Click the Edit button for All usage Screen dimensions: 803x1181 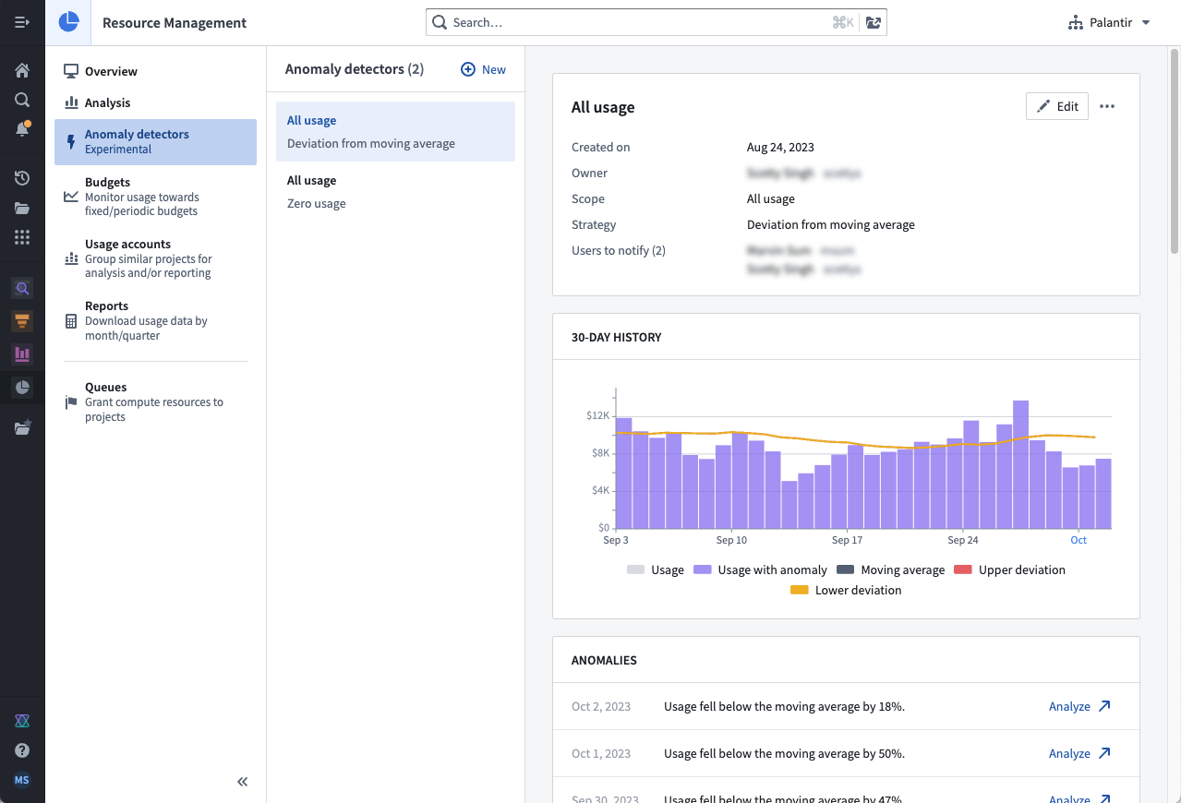click(x=1057, y=106)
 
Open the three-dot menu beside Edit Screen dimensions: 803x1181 click(x=1107, y=106)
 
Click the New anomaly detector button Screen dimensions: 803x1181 click(x=484, y=69)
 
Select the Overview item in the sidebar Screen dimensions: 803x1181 click(x=111, y=71)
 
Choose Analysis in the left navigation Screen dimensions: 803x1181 click(x=107, y=102)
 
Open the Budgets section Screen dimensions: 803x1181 click(x=107, y=183)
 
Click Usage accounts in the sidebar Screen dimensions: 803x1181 click(x=127, y=245)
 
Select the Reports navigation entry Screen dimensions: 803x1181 click(x=106, y=306)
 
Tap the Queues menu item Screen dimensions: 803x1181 click(x=105, y=388)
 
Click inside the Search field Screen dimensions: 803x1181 click(x=637, y=22)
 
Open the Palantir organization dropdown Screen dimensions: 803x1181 click(x=1109, y=22)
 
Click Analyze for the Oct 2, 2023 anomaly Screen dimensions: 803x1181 click(x=1079, y=707)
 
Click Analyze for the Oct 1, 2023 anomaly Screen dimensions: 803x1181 click(x=1079, y=754)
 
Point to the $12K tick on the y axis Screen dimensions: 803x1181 click(x=597, y=415)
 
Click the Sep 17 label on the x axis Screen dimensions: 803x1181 click(x=847, y=540)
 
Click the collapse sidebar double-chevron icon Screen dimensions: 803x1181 click(x=242, y=782)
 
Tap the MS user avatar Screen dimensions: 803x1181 click(x=22, y=780)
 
